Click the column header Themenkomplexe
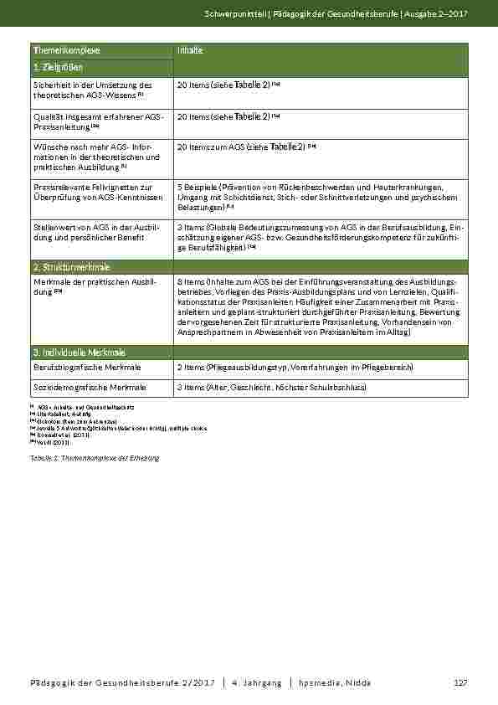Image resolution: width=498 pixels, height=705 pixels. coord(57,50)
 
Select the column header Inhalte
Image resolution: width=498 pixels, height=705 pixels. coord(190,50)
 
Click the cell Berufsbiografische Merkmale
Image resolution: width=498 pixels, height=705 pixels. coord(86,368)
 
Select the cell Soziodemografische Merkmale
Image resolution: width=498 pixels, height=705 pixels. coord(90,388)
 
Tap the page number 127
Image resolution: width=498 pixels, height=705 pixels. coord(459,683)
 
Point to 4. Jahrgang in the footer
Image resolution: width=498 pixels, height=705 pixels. coord(256,683)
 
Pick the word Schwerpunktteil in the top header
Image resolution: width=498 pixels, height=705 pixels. coord(237,15)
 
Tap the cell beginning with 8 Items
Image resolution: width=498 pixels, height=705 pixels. coord(316,306)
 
